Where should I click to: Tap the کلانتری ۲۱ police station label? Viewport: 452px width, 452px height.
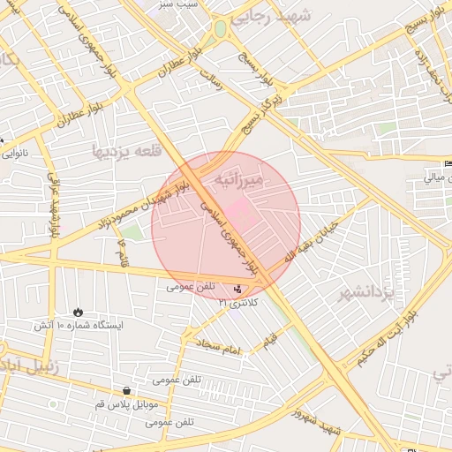pos(238,303)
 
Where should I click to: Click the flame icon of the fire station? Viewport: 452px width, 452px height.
pos(78,312)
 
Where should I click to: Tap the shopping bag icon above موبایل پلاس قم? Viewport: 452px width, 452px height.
pos(127,391)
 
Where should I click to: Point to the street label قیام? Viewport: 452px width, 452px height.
pos(269,339)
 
